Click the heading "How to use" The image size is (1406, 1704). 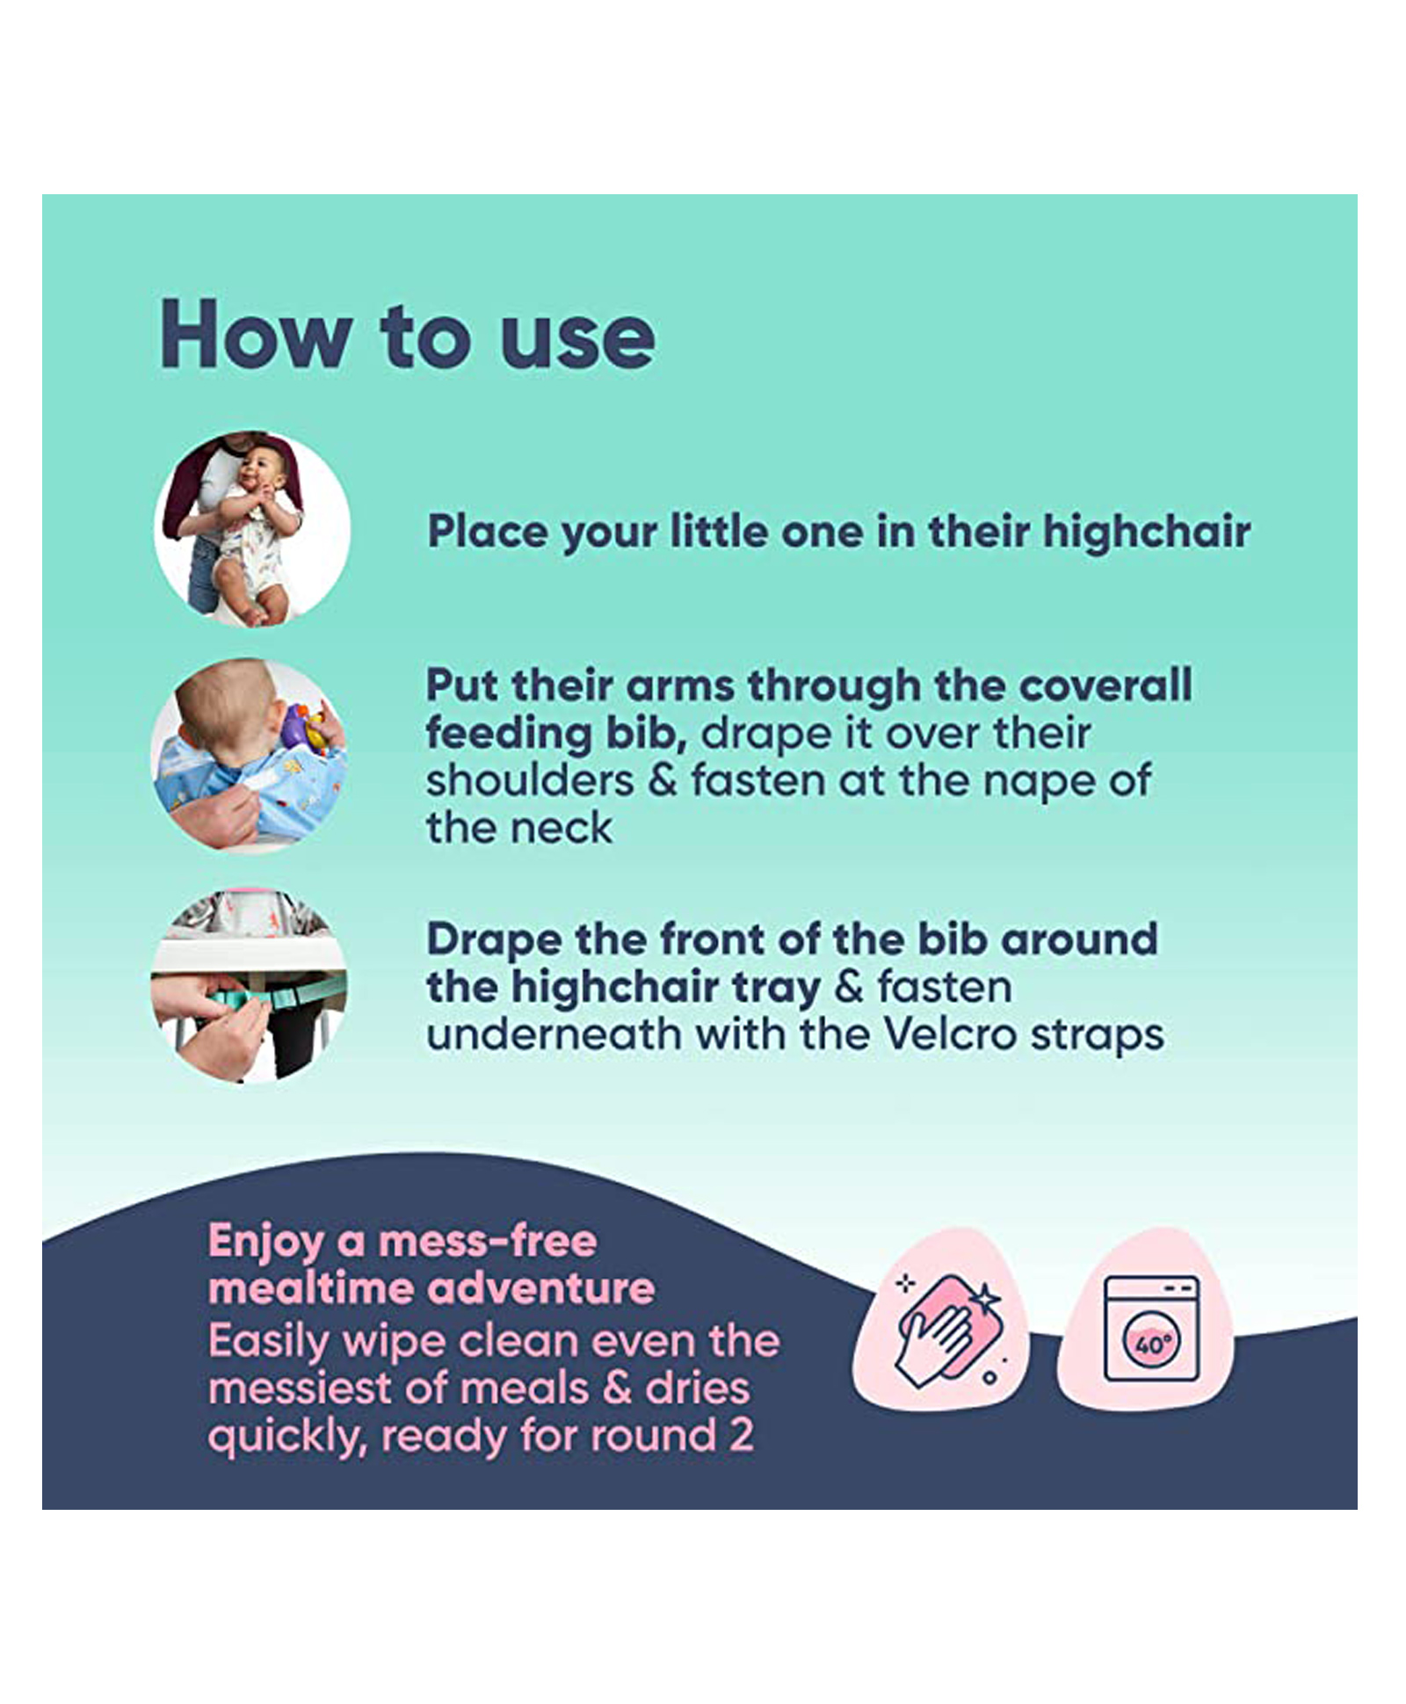(407, 335)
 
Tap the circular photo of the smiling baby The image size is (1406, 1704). (252, 529)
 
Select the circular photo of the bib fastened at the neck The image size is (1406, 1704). (250, 756)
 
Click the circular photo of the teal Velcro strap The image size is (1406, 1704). (250, 985)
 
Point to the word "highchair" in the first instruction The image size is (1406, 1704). (1147, 532)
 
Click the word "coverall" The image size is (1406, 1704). (1105, 685)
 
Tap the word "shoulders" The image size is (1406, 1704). (530, 780)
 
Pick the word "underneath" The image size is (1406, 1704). (554, 1034)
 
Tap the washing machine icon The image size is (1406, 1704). (1149, 1328)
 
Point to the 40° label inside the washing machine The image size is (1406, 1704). (1151, 1344)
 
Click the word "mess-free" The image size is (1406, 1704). (488, 1241)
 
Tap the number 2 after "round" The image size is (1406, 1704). (741, 1435)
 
